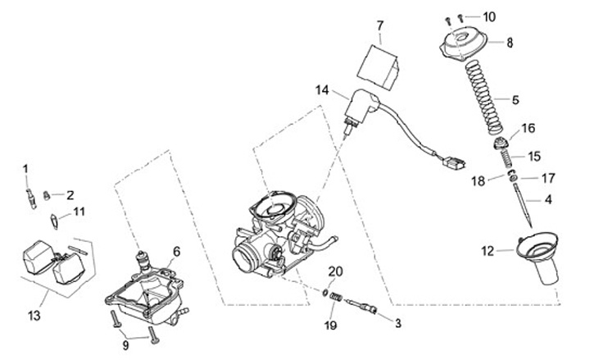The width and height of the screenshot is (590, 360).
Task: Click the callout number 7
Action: pos(380,25)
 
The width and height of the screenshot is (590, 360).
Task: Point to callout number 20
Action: pos(334,271)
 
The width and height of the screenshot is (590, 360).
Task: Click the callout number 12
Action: pos(488,251)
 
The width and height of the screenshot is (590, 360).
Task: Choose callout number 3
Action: pos(397,323)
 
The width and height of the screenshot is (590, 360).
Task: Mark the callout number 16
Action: pos(529,128)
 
